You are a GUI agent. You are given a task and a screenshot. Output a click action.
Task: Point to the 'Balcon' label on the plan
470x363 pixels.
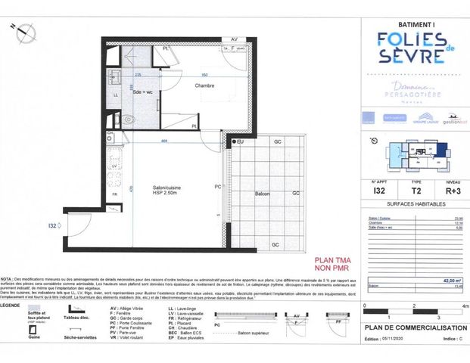(261, 194)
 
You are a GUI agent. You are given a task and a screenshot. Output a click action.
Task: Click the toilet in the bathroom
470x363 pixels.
(128, 119)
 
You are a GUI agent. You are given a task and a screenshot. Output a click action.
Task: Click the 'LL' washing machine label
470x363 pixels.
(116, 95)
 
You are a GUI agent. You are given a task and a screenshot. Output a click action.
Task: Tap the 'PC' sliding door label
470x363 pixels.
(217, 187)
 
